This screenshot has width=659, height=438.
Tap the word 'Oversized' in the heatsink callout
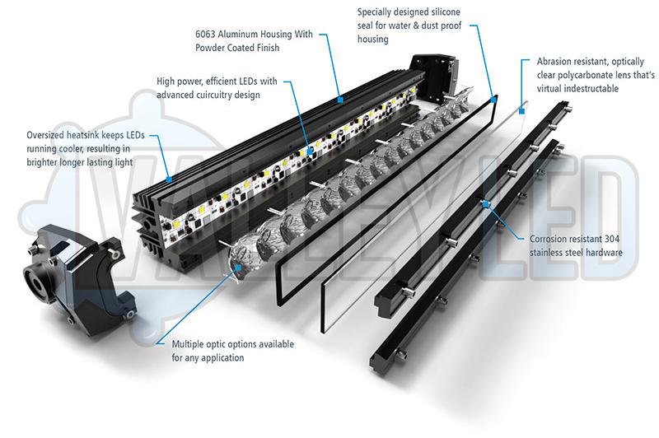[49, 135]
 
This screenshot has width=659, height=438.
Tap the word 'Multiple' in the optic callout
[190, 344]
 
